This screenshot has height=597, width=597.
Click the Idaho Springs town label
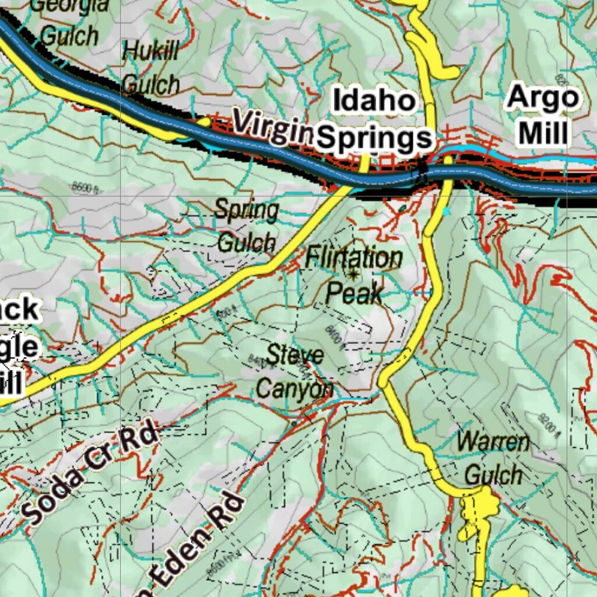coord(375,120)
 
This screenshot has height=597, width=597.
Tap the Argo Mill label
coord(543,115)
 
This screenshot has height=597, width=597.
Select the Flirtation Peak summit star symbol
coord(353,273)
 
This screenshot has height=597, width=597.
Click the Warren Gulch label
coord(493,458)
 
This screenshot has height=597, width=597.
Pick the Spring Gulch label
coord(247,226)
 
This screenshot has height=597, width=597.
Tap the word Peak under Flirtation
coord(354,293)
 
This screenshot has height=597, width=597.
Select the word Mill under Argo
coord(543,134)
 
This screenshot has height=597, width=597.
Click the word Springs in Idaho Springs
coord(376,138)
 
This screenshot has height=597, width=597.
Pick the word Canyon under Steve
coord(295,389)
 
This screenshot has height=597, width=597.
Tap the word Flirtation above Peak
coord(354,257)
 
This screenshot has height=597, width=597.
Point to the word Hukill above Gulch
coord(151,51)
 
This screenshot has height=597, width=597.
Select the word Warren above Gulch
coord(493,442)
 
